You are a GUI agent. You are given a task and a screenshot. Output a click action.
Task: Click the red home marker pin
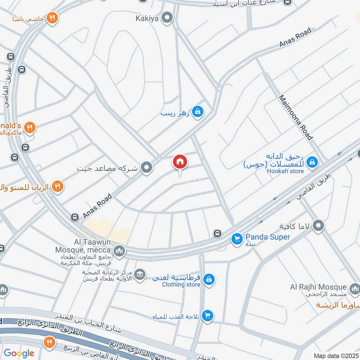coord(180,162)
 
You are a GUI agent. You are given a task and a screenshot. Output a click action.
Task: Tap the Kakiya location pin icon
coord(168,18)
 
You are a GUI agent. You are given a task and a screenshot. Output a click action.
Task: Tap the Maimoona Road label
coord(296,117)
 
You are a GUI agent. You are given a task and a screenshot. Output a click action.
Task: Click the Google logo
coord(19,353)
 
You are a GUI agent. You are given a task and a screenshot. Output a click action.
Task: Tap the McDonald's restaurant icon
coord(30,127)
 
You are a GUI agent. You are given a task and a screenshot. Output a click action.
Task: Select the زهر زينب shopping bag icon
coord(197,112)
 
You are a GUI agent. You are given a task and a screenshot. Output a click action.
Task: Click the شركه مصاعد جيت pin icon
coord(146,169)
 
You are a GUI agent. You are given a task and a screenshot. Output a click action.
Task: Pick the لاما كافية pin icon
coord(319,225)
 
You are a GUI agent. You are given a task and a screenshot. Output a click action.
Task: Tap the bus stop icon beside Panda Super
coord(218,233)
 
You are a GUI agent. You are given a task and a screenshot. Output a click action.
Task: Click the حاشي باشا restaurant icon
coord(52,18)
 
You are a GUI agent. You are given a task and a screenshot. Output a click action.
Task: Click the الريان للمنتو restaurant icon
coord(57,186)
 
